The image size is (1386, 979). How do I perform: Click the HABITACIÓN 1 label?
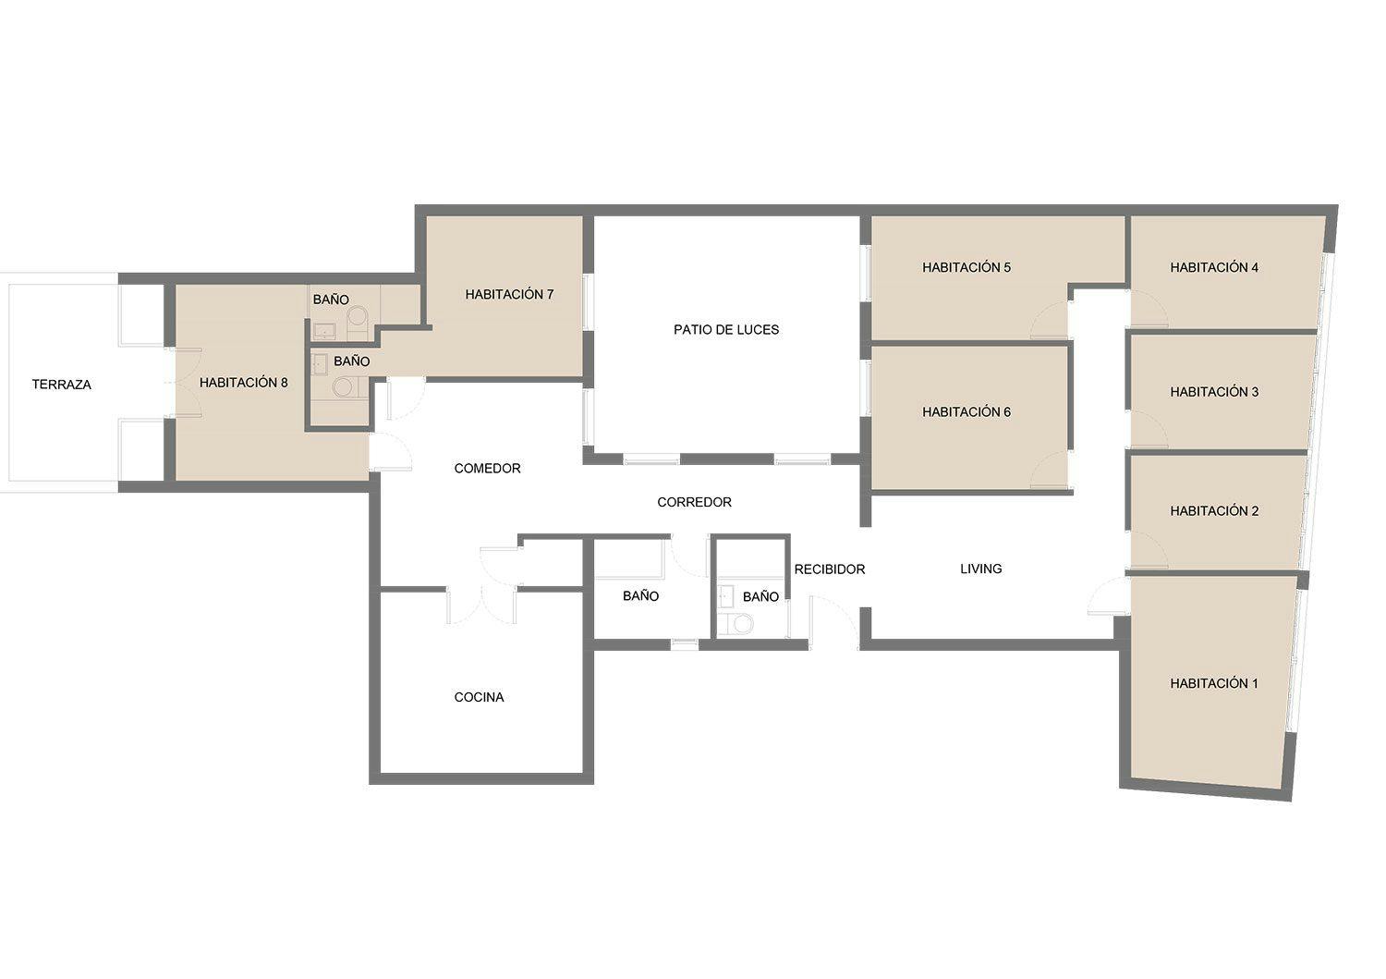[x=1214, y=684]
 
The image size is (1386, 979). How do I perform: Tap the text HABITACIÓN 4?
[x=1214, y=268]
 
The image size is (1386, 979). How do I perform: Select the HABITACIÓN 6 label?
[x=967, y=412]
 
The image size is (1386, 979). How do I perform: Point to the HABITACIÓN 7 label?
[x=509, y=295]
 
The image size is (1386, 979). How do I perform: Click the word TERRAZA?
[x=62, y=385]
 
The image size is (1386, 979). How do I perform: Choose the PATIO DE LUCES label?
[x=726, y=330]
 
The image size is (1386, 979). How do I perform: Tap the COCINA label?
[x=479, y=698]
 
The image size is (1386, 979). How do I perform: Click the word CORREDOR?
[x=694, y=503]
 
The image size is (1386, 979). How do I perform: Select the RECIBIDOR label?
[x=830, y=569]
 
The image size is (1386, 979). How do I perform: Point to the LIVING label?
[x=981, y=569]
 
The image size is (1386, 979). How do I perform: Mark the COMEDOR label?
[x=487, y=469]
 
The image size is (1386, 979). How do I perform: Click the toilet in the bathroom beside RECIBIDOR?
[x=740, y=624]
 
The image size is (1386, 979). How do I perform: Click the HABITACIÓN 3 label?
[x=1214, y=392]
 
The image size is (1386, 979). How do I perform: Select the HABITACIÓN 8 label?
[x=244, y=383]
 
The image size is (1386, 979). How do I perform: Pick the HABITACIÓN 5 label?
[x=967, y=268]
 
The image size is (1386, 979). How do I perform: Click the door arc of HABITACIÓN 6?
[x=1048, y=471]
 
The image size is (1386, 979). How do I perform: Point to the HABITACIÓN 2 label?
[x=1214, y=511]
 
